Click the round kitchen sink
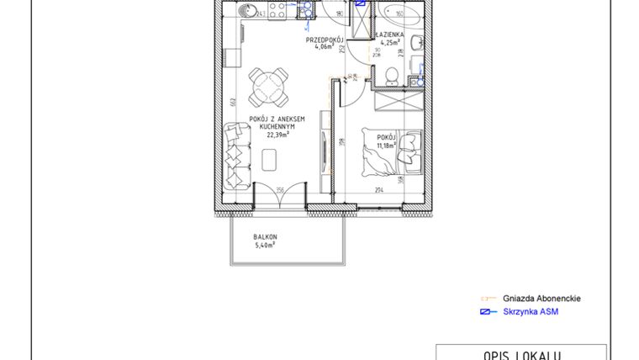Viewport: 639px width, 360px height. click(x=246, y=11)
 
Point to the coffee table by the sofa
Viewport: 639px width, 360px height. click(x=271, y=158)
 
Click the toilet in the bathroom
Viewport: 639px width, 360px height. click(x=389, y=77)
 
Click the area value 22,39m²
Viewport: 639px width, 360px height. click(x=277, y=134)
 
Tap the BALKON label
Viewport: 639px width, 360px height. click(x=265, y=237)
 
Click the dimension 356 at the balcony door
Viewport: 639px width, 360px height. click(x=279, y=189)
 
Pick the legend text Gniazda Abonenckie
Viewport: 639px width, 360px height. click(x=541, y=299)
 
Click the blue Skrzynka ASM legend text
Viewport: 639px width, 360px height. click(x=531, y=312)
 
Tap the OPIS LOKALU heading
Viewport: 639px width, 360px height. click(x=520, y=354)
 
